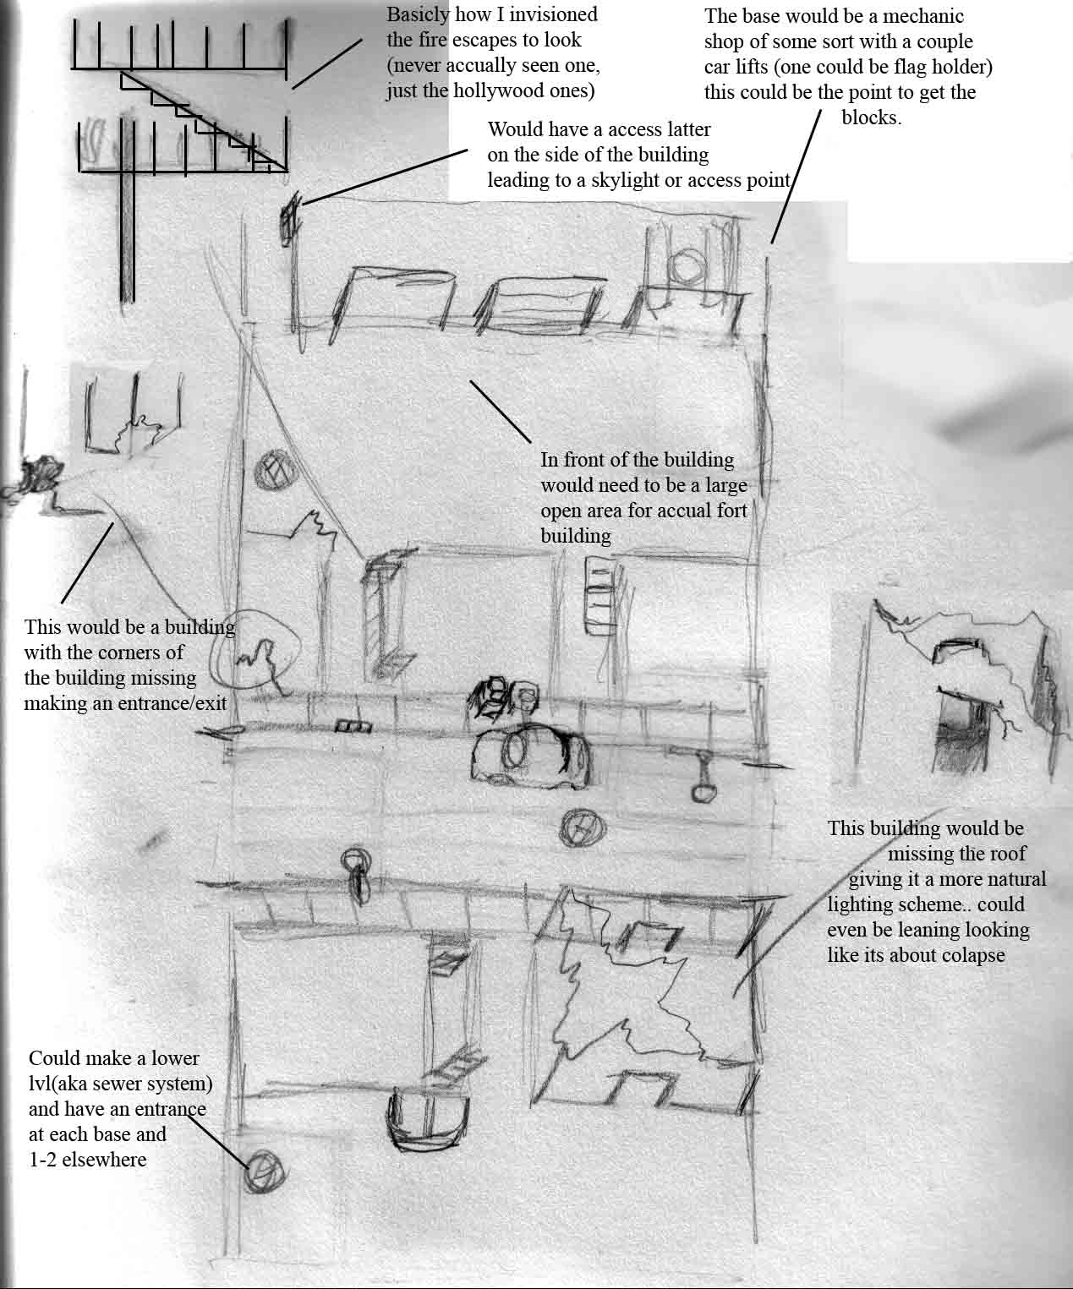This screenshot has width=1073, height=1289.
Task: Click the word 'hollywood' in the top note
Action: coord(492,90)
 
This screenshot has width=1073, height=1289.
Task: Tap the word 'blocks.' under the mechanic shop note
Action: coord(871,117)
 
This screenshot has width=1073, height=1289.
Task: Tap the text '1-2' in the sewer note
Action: coord(42,1160)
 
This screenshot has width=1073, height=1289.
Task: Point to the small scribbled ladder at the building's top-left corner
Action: coord(289,218)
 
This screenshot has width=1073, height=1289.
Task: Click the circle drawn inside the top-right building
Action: coord(687,266)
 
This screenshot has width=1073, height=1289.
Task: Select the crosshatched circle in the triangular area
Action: coord(271,472)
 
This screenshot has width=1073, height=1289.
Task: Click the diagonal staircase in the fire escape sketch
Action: coord(204,121)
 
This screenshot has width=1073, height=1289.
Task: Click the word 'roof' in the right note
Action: coord(1010,854)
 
